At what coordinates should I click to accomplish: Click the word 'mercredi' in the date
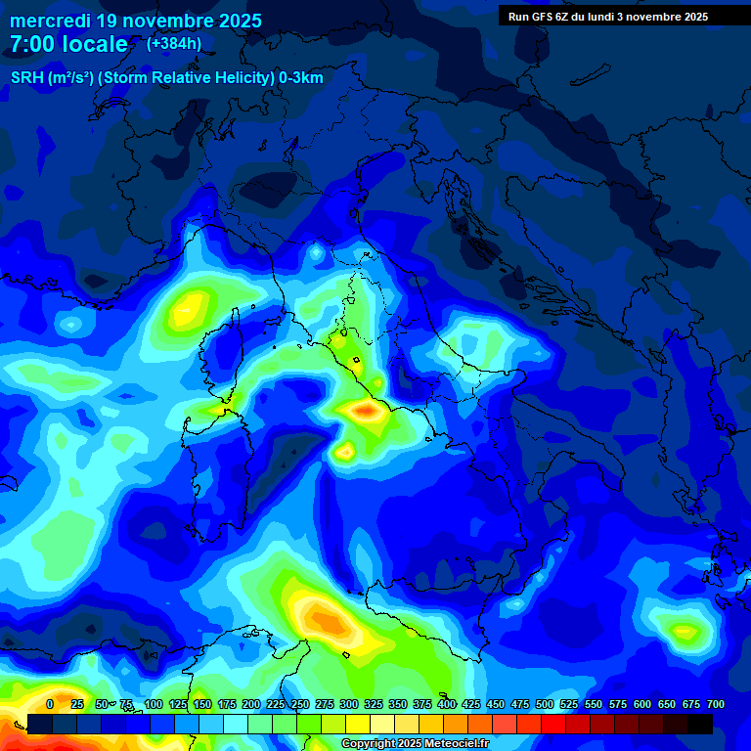pos(49,21)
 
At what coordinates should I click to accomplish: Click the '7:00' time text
pos(32,45)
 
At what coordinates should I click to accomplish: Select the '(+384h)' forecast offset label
pos(174,44)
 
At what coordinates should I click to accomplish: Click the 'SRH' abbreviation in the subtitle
pos(26,78)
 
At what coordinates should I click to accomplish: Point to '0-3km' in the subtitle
pos(301,78)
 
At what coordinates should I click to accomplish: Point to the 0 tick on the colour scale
pos(50,704)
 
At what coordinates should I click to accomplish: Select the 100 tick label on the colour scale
pos(154,704)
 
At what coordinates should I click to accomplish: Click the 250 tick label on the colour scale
pos(300,704)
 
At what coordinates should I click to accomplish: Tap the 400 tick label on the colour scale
pos(447,704)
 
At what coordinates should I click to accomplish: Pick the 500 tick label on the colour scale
pos(545,704)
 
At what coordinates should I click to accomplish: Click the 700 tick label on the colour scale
pos(716,704)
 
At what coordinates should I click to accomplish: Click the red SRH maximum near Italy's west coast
pos(368,412)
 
